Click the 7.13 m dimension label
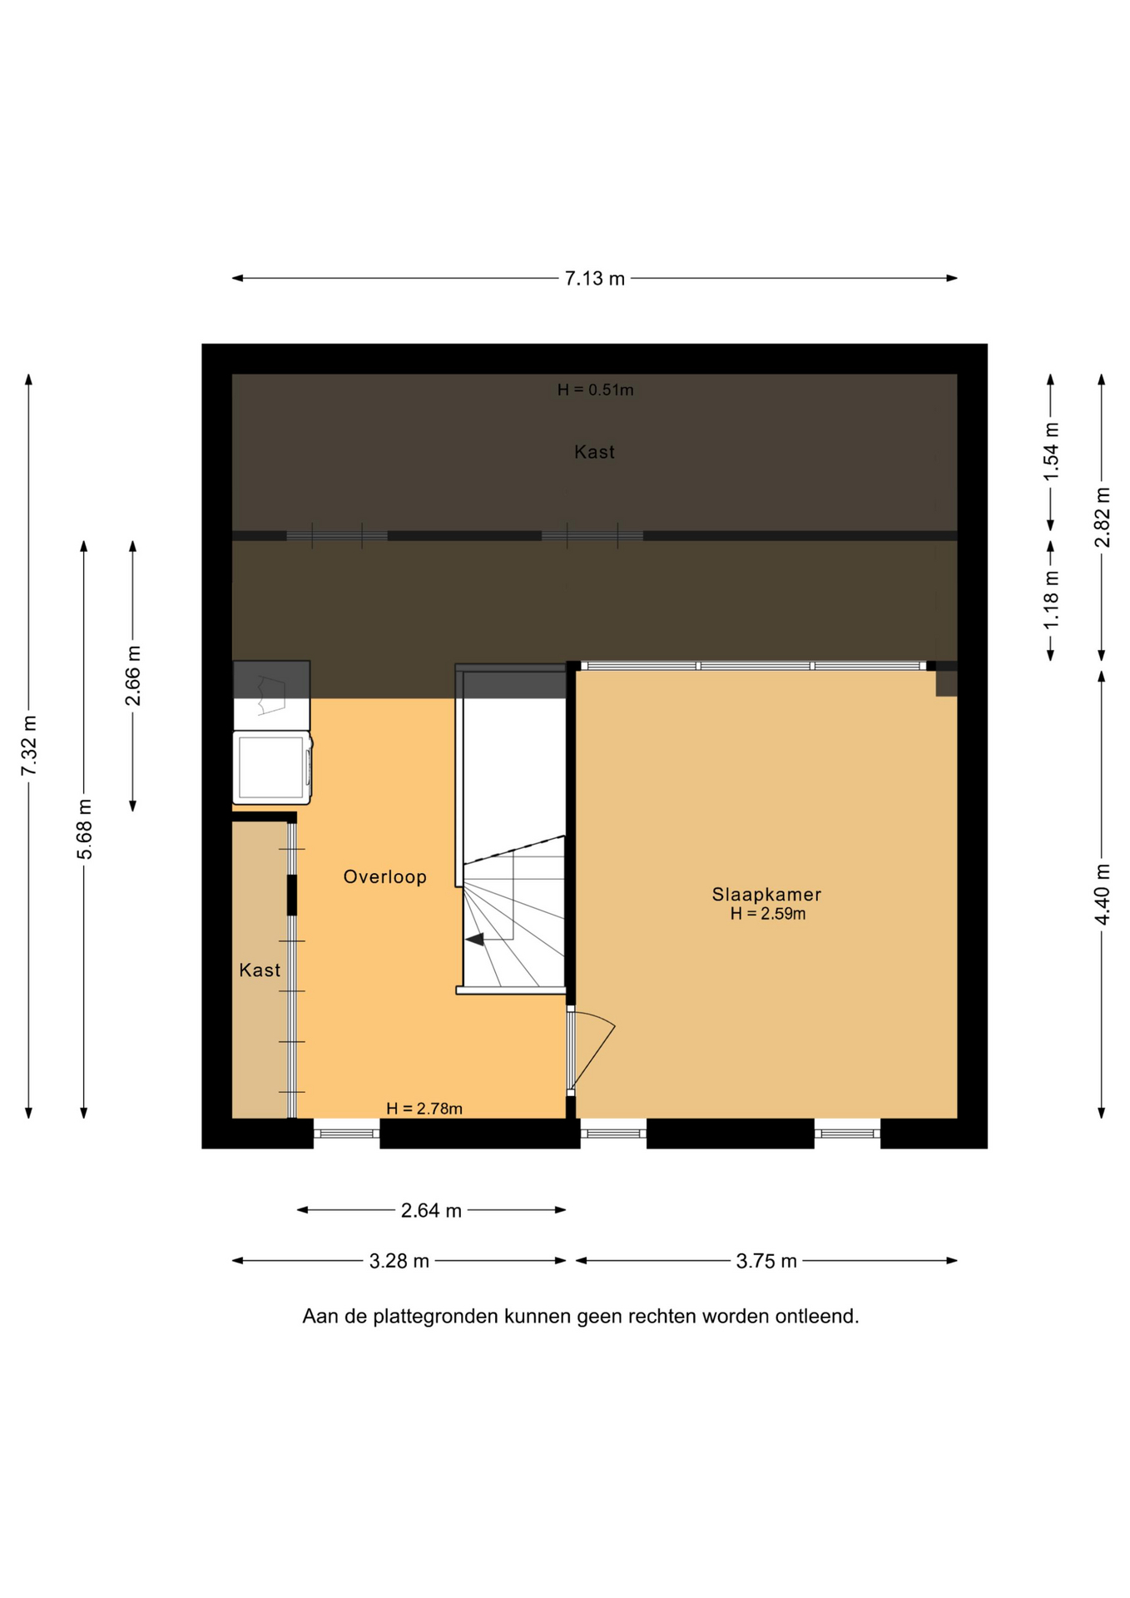pyautogui.click(x=594, y=279)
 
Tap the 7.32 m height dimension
pyautogui.click(x=29, y=745)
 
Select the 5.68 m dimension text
pyautogui.click(x=84, y=829)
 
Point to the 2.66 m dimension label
pyautogui.click(x=133, y=675)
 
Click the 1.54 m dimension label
pyautogui.click(x=1051, y=450)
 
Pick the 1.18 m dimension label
pyautogui.click(x=1051, y=599)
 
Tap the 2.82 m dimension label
pyautogui.click(x=1102, y=517)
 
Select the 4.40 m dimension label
pyautogui.click(x=1102, y=894)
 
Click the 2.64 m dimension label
pyautogui.click(x=431, y=1210)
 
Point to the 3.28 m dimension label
pyautogui.click(x=399, y=1261)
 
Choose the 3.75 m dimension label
pyautogui.click(x=766, y=1261)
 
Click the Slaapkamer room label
pyautogui.click(x=766, y=895)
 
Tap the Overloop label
pyautogui.click(x=385, y=876)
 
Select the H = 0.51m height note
pyautogui.click(x=595, y=390)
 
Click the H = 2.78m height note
pyautogui.click(x=424, y=1109)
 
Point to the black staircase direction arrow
pyautogui.click(x=474, y=940)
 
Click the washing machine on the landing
pyautogui.click(x=272, y=767)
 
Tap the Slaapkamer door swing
pyautogui.click(x=592, y=1050)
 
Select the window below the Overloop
pyautogui.click(x=347, y=1133)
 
